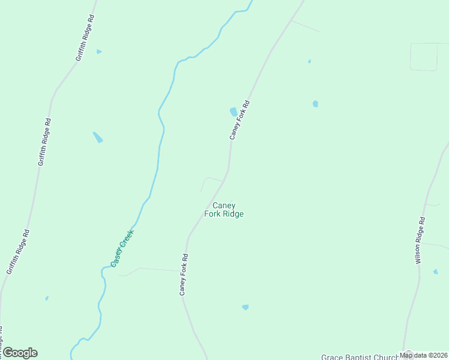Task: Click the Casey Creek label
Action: pyautogui.click(x=122, y=248)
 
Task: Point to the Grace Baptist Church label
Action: pyautogui.click(x=360, y=356)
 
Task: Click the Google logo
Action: pyautogui.click(x=20, y=353)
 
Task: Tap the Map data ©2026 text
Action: pyautogui.click(x=424, y=355)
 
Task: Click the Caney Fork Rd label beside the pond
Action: pyautogui.click(x=239, y=120)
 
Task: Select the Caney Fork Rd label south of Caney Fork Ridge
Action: pyautogui.click(x=184, y=274)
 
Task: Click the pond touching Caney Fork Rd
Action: pyautogui.click(x=233, y=112)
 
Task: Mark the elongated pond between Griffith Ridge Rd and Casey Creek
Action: pyautogui.click(x=97, y=137)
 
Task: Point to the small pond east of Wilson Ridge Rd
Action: pyautogui.click(x=435, y=272)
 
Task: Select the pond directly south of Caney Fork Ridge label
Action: pyautogui.click(x=245, y=307)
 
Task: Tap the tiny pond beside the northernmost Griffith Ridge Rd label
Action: pyautogui.click(x=99, y=52)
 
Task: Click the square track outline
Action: pyautogui.click(x=424, y=57)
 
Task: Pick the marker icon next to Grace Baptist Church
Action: pyautogui.click(x=408, y=355)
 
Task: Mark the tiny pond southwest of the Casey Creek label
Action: pyautogui.click(x=47, y=298)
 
